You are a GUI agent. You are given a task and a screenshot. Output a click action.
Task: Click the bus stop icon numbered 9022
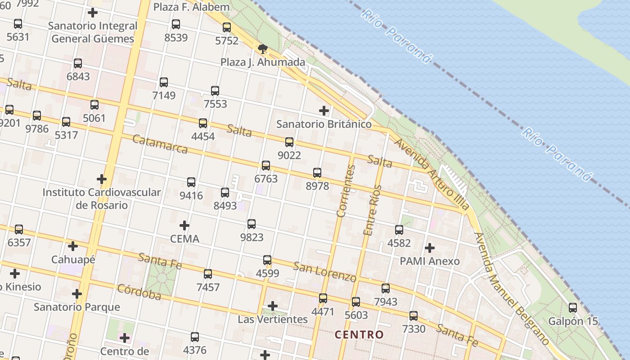[289, 142]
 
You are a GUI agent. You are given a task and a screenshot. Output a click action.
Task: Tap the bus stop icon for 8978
[317, 173]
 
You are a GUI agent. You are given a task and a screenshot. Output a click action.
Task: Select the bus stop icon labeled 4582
[399, 230]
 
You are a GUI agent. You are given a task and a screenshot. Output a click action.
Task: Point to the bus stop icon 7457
[208, 274]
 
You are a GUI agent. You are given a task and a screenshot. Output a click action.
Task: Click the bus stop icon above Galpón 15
[573, 308]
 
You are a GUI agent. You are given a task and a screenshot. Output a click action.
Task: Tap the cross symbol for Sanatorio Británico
[324, 110]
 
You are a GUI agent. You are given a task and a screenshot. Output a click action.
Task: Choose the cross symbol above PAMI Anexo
[430, 248]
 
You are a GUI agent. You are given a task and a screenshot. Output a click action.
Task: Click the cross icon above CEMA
[184, 225]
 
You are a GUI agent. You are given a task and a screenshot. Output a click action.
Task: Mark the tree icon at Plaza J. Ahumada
[263, 49]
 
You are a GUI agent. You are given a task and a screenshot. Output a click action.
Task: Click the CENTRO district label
[359, 335]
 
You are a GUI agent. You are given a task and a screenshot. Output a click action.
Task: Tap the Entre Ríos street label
[372, 210]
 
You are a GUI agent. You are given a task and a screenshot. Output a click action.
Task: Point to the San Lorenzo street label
[324, 271]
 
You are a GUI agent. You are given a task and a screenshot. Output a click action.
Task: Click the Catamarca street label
[160, 144]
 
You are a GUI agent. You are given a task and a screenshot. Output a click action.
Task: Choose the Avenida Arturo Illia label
[432, 174]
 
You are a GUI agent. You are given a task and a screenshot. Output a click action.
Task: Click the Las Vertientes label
[273, 319]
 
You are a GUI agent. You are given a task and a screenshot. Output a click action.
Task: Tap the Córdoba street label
[139, 292]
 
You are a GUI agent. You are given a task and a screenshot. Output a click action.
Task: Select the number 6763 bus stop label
[266, 179]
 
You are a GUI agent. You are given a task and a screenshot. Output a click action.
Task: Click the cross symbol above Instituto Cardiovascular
[102, 179]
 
